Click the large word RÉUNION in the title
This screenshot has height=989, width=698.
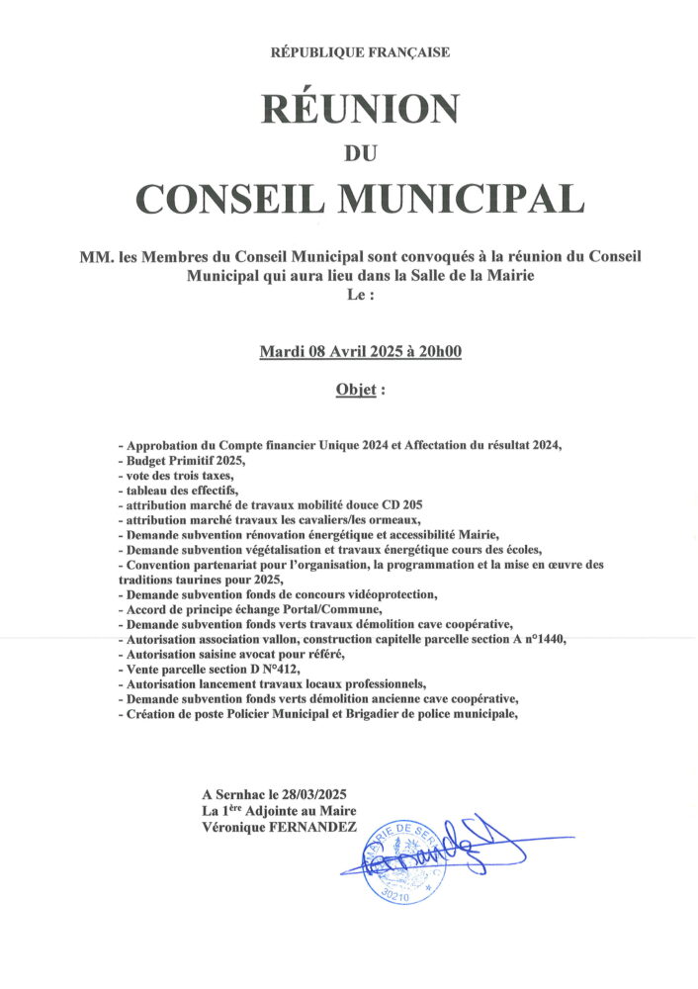(x=360, y=108)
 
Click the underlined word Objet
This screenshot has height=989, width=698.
(x=356, y=390)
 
